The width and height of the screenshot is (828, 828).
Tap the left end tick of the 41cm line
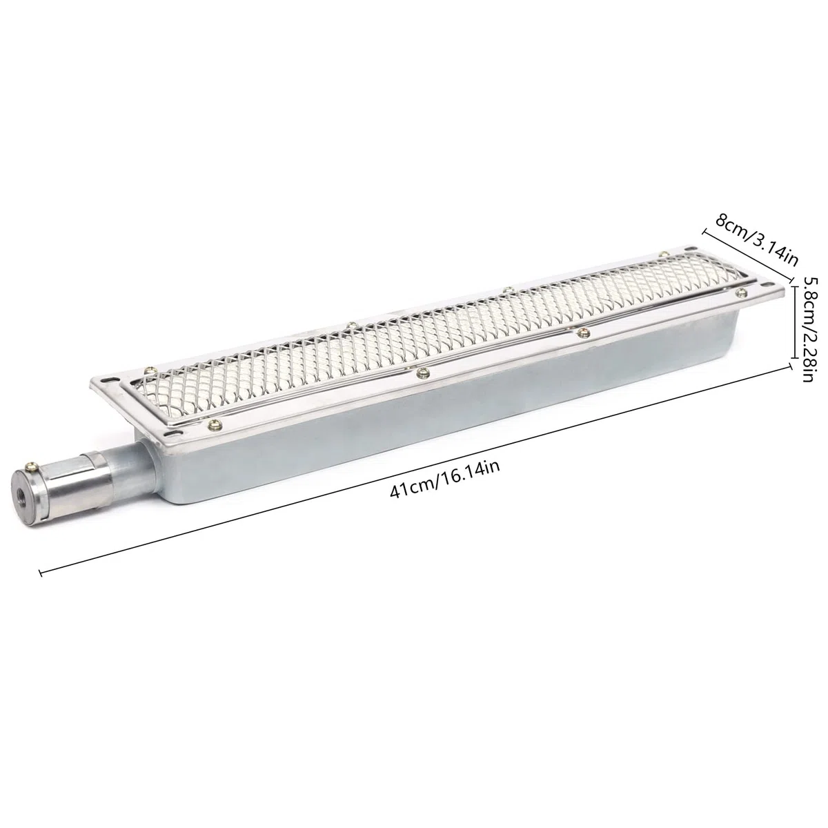tap(41, 573)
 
